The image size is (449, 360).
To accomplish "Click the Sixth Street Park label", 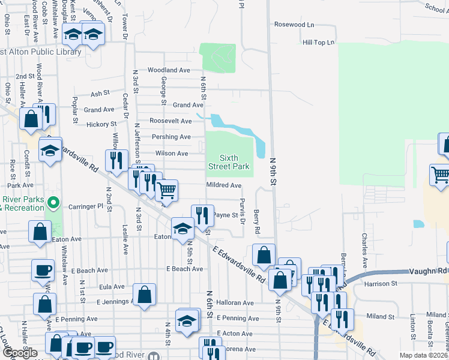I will (x=229, y=161).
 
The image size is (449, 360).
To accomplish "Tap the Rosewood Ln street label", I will (x=294, y=25).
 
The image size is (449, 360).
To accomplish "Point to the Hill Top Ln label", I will (x=318, y=43).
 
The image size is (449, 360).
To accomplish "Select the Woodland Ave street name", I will (x=169, y=70).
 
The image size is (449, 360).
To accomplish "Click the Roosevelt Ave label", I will (x=170, y=121).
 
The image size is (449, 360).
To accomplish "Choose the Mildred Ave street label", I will (x=223, y=185).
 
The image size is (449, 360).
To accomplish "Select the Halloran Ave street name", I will (x=235, y=303).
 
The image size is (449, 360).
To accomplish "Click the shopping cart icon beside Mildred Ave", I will (x=166, y=191).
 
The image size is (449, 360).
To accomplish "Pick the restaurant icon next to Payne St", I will (x=202, y=215).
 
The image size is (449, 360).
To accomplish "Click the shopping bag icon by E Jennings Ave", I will (x=144, y=294).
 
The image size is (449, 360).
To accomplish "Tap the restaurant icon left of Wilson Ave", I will (x=116, y=160).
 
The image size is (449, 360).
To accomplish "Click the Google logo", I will (x=20, y=353).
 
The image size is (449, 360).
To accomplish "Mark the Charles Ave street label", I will (x=364, y=254).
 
